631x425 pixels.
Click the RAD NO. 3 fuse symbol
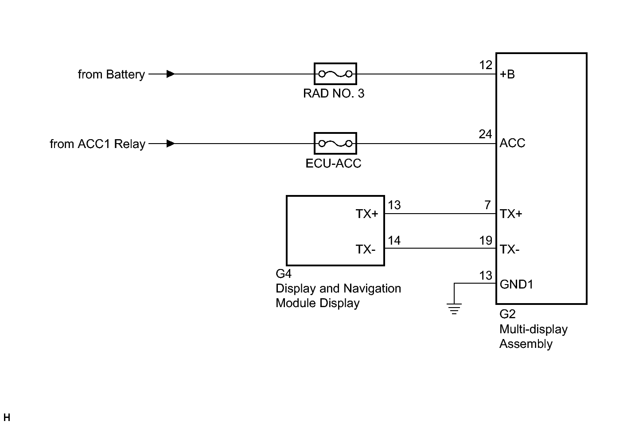335,74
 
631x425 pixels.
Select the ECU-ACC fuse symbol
335,143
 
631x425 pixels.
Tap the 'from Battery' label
111,74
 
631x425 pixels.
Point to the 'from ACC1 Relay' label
97,144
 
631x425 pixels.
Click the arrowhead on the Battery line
171,74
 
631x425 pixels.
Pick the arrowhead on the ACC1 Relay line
171,143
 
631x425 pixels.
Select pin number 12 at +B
486,65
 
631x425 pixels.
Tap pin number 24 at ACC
485,134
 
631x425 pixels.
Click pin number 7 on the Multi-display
487,205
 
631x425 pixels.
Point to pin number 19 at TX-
486,241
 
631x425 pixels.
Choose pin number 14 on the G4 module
394,241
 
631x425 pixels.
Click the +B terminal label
507,74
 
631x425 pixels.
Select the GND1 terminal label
517,285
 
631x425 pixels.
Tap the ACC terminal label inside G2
512,143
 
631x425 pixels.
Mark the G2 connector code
507,314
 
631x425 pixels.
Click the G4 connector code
284,273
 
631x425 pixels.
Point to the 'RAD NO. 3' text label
334,94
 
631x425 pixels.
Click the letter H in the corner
7,417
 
